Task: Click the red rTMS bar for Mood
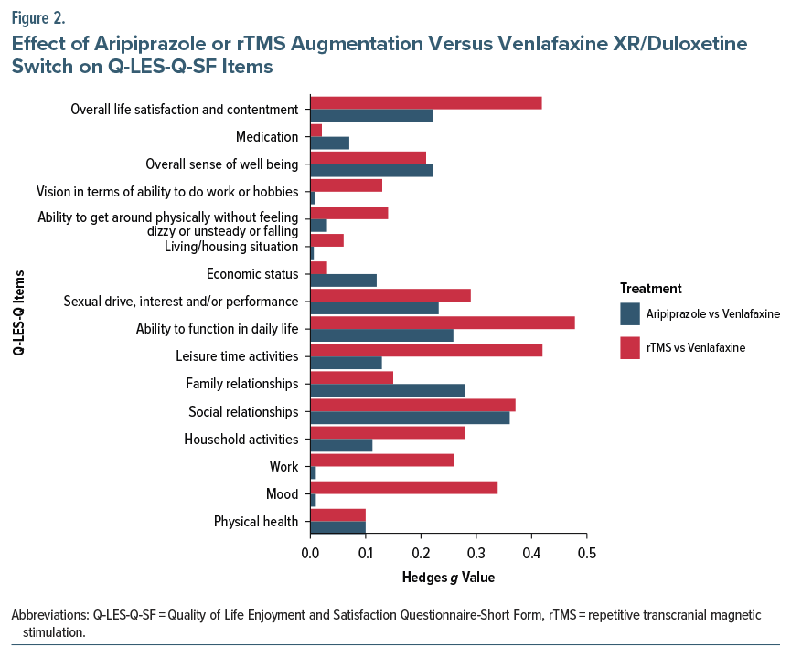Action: tap(403, 488)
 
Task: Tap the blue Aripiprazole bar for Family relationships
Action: tap(388, 390)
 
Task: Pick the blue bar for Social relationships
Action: tap(410, 418)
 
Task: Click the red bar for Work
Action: tap(381, 461)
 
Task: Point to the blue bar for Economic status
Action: tap(343, 281)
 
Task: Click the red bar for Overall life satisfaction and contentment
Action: tap(426, 102)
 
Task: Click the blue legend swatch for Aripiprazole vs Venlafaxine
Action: tap(630, 313)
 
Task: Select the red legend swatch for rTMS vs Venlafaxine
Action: tap(630, 347)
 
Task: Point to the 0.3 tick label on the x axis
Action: tap(476, 554)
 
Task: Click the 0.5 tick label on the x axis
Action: tap(587, 554)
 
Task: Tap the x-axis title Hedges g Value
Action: tap(448, 578)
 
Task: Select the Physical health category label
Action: tap(256, 522)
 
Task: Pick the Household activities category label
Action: tap(241, 440)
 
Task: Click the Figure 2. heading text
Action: tap(38, 16)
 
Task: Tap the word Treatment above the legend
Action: tap(650, 289)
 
